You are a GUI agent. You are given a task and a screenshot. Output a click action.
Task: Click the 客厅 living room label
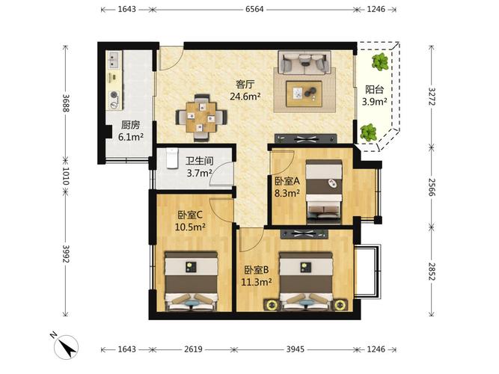coord(245,85)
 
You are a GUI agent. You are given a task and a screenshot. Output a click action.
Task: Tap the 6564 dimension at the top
coord(254,9)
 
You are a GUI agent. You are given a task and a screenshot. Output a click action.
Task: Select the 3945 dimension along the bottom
coord(295,349)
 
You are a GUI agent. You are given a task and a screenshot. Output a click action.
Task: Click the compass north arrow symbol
coord(66,347)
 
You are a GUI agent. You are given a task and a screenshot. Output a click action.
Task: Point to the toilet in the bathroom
coord(172,158)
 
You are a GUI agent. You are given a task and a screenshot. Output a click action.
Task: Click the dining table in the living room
coord(201,117)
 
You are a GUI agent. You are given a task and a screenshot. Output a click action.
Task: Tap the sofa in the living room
coord(304,62)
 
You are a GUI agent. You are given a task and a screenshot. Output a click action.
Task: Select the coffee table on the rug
coord(304,93)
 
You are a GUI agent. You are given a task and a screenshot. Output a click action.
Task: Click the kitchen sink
coord(114,61)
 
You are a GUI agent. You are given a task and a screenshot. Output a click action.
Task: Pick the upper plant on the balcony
coord(379,61)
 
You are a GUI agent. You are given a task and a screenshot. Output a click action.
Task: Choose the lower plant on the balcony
coord(368,132)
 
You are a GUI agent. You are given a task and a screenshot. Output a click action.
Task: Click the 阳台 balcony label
coord(375,90)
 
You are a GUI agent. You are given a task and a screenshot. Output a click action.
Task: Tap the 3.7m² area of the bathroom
coord(200,173)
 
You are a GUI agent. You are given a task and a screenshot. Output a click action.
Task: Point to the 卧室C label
coord(190,215)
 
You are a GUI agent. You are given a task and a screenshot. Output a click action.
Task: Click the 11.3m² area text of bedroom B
coord(256,282)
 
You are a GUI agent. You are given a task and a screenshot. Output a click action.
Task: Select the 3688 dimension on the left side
coord(66,103)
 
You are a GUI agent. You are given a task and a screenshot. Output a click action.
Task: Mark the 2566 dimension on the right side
coord(432,186)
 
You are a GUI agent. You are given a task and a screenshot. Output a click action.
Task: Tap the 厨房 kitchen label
coord(130,125)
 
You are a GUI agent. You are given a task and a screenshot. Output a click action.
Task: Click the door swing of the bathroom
coord(221,174)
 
